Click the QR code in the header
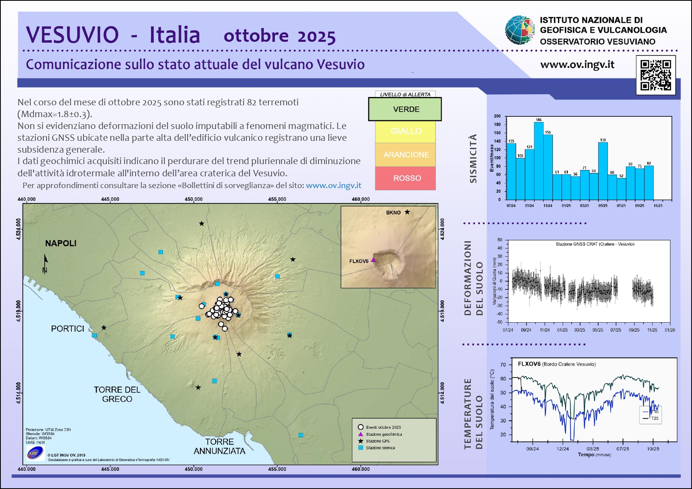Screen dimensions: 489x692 point(655,75)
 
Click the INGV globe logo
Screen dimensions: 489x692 point(520,30)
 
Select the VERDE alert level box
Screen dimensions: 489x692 point(405,109)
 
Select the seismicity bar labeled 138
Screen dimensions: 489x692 point(603,171)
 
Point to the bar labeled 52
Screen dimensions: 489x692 point(621,189)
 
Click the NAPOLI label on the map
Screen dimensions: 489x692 point(61,243)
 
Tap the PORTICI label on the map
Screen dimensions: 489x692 point(67,329)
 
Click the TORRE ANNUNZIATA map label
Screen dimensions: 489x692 point(220,446)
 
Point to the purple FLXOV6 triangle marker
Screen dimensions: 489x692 point(373,260)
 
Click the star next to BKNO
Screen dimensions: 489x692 point(407,212)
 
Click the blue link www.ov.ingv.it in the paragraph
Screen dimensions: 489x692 point(334,185)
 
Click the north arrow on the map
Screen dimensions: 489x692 point(45,263)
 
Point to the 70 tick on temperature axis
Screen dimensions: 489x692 point(503,365)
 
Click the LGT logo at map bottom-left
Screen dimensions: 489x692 point(35,453)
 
